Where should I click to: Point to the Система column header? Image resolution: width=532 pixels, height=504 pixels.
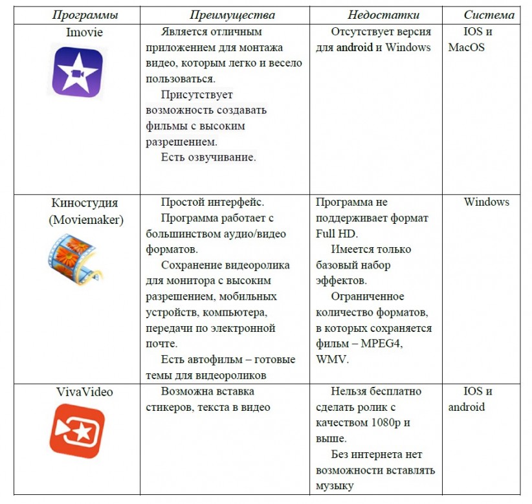pos(489,15)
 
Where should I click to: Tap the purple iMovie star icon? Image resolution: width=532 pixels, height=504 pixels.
pos(77,72)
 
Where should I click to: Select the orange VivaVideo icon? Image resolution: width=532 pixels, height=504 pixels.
pos(77,430)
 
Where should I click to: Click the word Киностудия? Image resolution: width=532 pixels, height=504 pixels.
pos(85,203)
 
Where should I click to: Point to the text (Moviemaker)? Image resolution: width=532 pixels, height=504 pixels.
pos(86,219)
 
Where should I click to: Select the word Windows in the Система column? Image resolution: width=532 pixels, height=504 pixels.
pos(486,203)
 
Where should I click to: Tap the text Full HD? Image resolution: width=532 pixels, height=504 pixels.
pos(337,234)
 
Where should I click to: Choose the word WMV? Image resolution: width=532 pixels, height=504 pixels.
pos(331,360)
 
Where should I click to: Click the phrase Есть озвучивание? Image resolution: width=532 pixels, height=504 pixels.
pos(208,157)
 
